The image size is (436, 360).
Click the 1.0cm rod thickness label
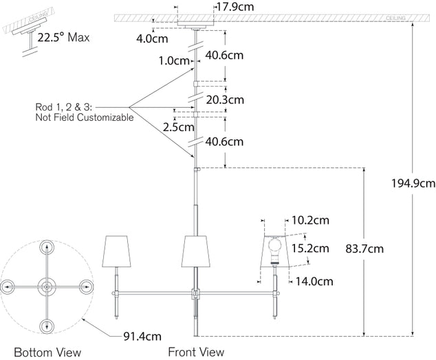coord(174,60)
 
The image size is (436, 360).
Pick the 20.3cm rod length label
coord(225,100)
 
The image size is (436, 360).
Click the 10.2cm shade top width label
coord(310,221)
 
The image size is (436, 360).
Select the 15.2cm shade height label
coord(310,247)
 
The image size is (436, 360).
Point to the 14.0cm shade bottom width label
coord(315,281)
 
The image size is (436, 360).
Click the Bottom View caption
coord(47,352)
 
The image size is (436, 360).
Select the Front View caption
coord(196,352)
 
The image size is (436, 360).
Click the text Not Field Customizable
coord(84,118)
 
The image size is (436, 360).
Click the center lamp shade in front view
coord(195,252)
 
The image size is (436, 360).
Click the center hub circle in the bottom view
coord(47,286)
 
